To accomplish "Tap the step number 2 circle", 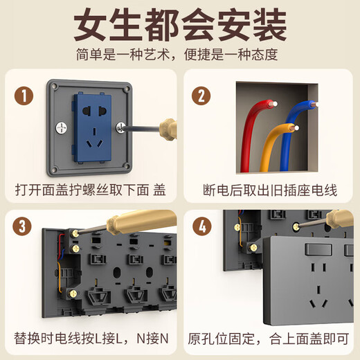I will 201,96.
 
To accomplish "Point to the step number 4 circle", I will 201,227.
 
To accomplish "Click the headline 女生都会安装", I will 179,26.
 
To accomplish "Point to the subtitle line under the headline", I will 179,54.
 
